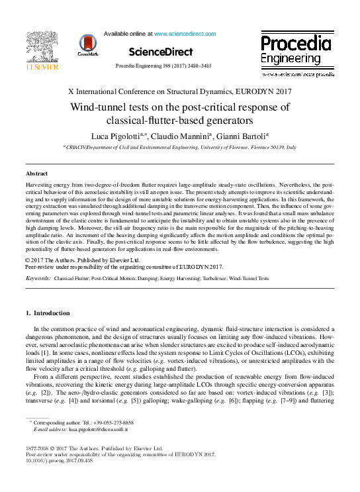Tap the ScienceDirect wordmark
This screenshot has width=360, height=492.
pos(161,52)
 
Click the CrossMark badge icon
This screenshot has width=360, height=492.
pos(87,45)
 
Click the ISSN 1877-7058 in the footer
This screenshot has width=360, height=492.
pos(37,448)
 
